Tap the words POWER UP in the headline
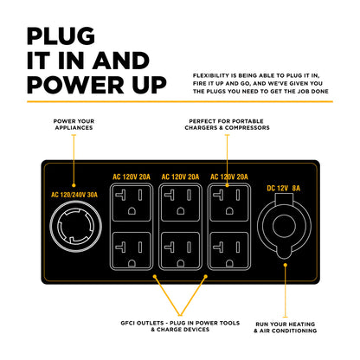click(x=97, y=85)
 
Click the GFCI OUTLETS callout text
click(x=180, y=326)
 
